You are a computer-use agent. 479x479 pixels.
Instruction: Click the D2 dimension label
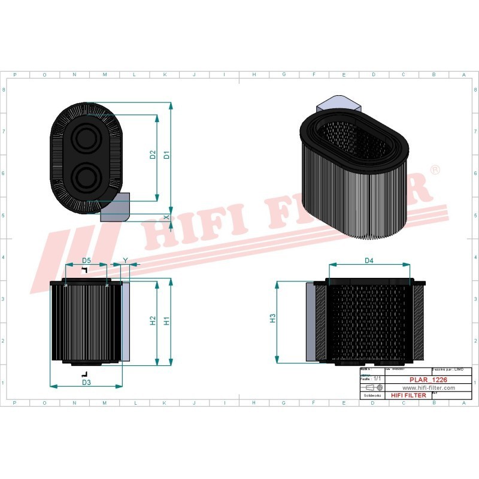(x=153, y=154)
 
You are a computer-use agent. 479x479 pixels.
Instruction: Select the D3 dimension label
(x=86, y=382)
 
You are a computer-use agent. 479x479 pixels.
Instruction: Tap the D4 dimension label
(x=369, y=260)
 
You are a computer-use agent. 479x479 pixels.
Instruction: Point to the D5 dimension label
(x=86, y=260)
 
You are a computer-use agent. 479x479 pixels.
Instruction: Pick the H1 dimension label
(x=167, y=320)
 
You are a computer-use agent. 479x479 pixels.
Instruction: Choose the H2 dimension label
(x=153, y=320)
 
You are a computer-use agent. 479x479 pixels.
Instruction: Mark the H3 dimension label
(x=272, y=318)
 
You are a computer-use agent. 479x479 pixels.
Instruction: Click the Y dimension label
(x=125, y=260)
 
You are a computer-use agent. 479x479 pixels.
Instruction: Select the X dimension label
(x=166, y=216)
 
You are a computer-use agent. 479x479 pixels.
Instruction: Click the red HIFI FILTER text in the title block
(x=408, y=395)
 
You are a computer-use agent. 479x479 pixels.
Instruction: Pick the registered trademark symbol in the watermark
(x=435, y=171)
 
